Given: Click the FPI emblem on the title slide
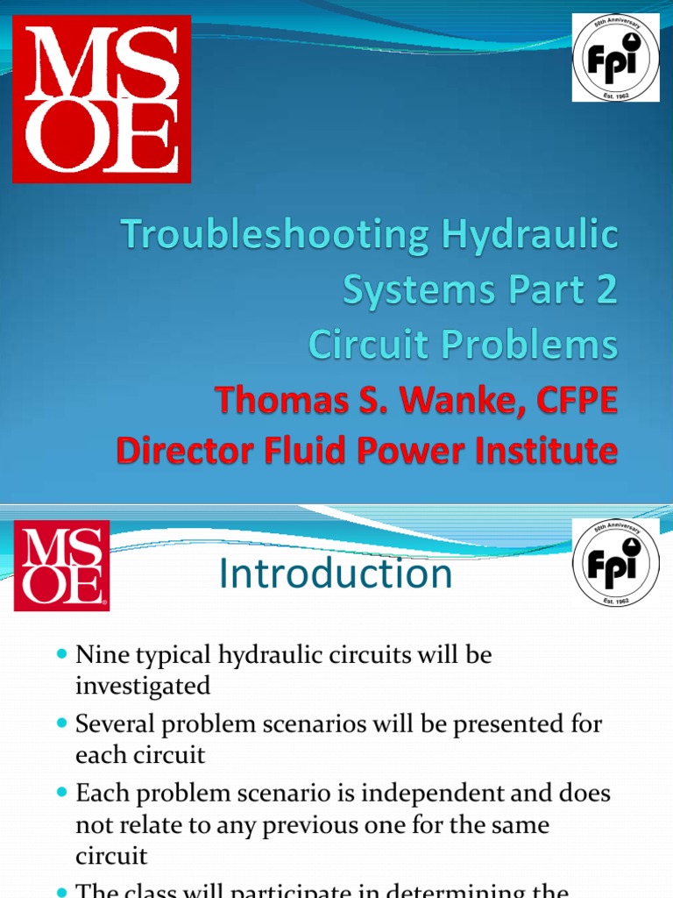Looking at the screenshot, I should tap(616, 58).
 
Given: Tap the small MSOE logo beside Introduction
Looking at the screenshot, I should tap(61, 566).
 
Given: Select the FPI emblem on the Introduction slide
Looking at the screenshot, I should tap(616, 561).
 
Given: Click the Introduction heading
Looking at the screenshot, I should tap(336, 574).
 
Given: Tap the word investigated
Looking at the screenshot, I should tap(143, 686).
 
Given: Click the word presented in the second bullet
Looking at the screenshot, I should tap(501, 724).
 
